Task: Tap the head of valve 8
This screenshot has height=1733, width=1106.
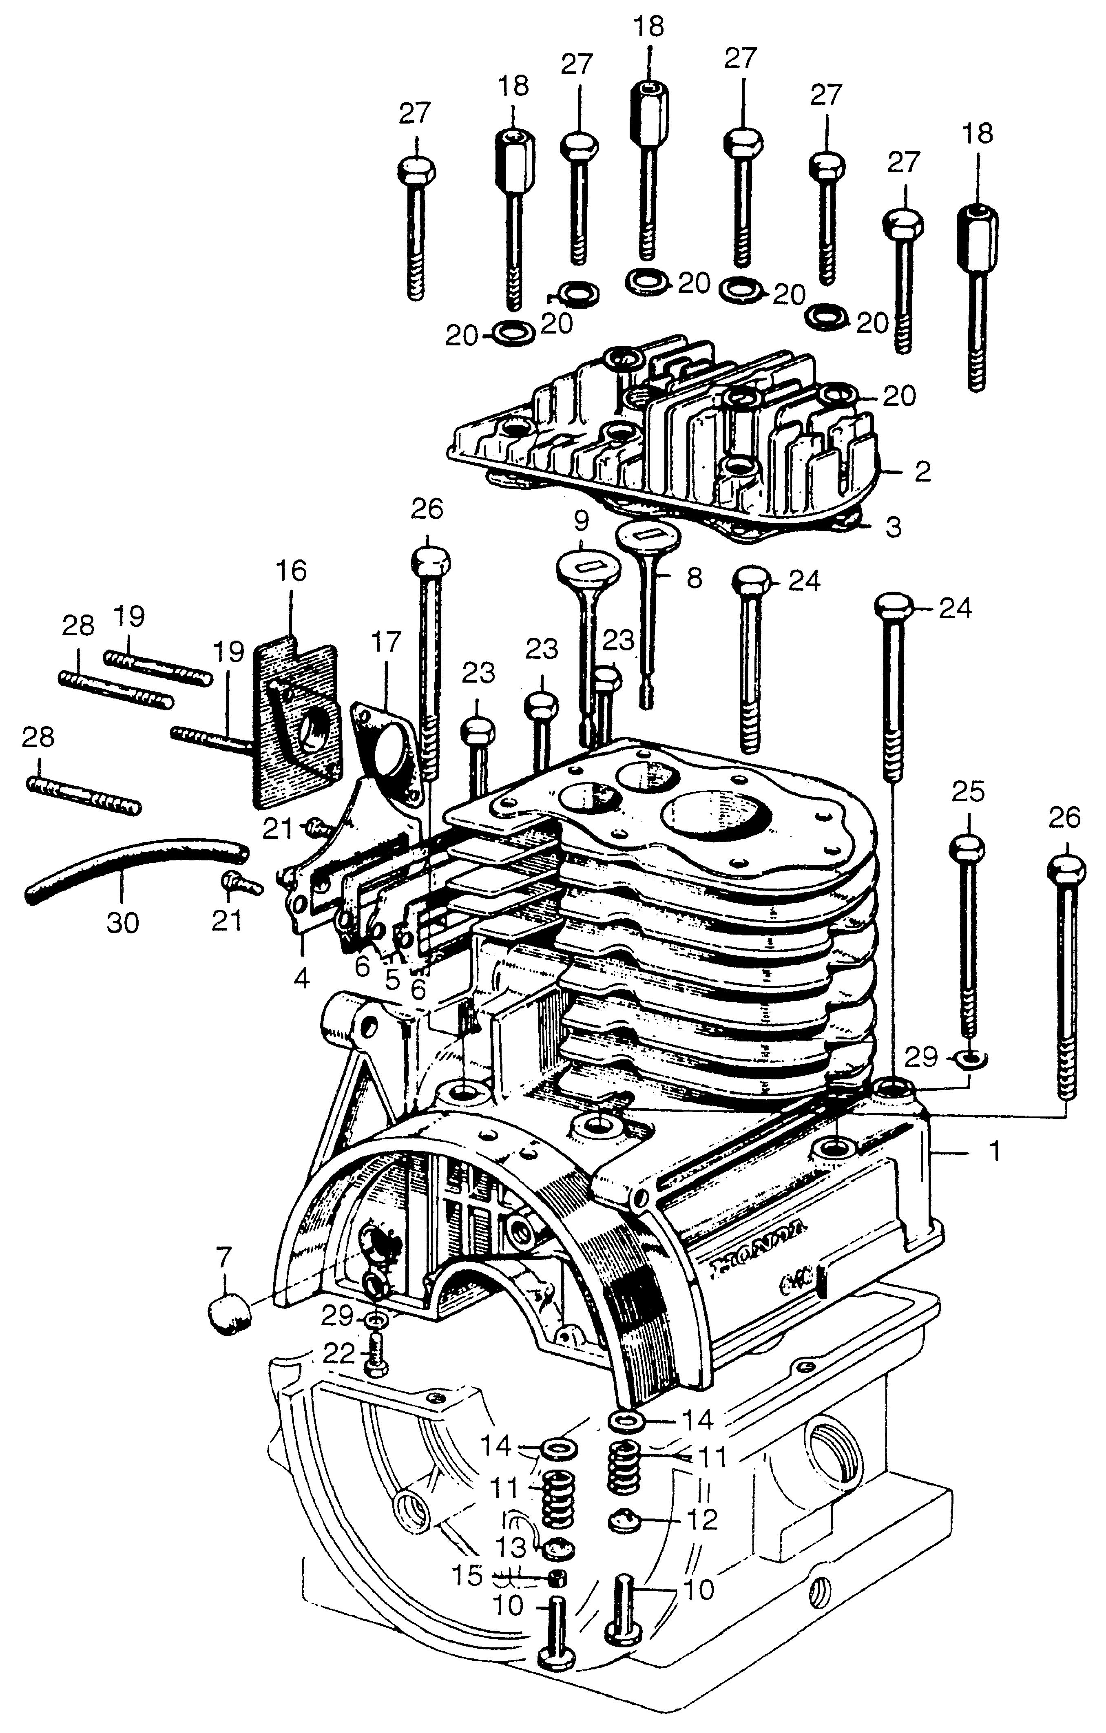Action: point(643,536)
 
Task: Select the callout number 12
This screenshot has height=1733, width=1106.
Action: point(701,1520)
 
